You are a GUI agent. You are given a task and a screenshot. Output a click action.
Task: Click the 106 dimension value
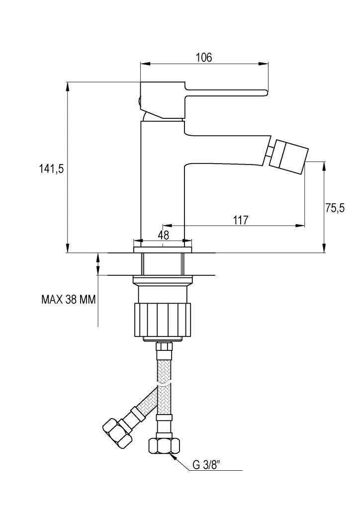coord(204,58)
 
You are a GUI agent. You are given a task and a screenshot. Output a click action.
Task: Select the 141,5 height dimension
coord(51,169)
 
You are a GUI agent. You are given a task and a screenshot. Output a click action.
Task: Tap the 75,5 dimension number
coord(335,208)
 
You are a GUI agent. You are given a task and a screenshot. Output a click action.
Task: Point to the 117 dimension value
coord(241,220)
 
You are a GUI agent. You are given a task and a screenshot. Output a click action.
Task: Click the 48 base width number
coord(165,235)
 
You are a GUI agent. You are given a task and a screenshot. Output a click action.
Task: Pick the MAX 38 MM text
coord(69,299)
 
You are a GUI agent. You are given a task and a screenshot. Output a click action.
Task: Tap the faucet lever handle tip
coord(266,93)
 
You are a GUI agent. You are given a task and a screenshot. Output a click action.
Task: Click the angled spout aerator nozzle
coord(288,154)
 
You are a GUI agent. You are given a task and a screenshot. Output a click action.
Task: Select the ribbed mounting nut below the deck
coord(163,320)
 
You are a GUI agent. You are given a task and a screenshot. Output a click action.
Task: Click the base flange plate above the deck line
coord(163,250)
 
